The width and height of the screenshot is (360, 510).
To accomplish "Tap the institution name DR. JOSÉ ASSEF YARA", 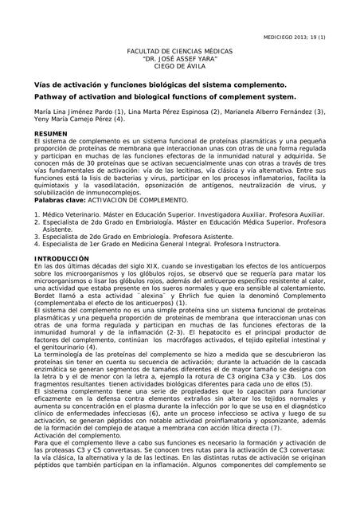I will pyautogui.click(x=179, y=60).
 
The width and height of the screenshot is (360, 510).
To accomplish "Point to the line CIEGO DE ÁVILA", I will pyautogui.click(x=179, y=68).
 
